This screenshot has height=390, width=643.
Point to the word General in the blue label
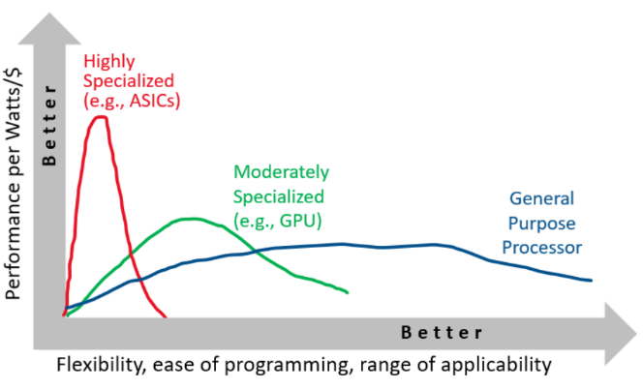coord(541,198)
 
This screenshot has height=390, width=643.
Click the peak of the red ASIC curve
coord(100,118)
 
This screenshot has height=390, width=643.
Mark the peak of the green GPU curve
coord(193,219)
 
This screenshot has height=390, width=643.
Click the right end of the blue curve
coord(591,281)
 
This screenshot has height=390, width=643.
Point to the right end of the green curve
coord(346,292)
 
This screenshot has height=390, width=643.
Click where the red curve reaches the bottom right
coord(166,316)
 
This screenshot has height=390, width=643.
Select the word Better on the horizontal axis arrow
coord(441,333)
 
